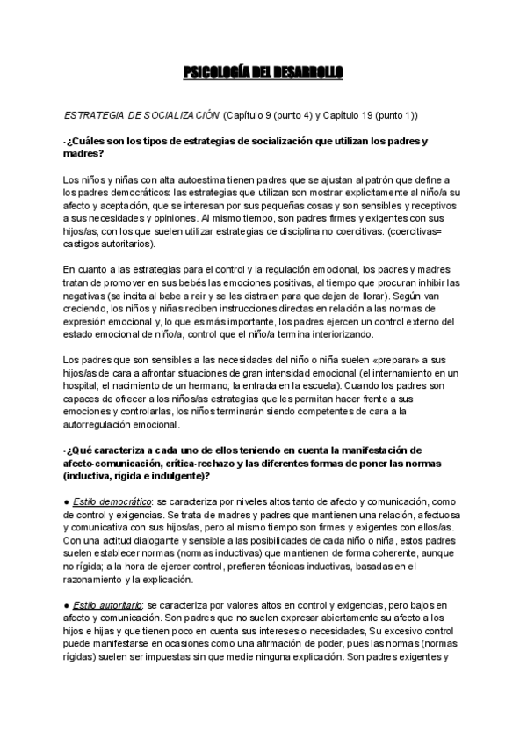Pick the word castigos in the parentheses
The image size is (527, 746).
click(x=84, y=243)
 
